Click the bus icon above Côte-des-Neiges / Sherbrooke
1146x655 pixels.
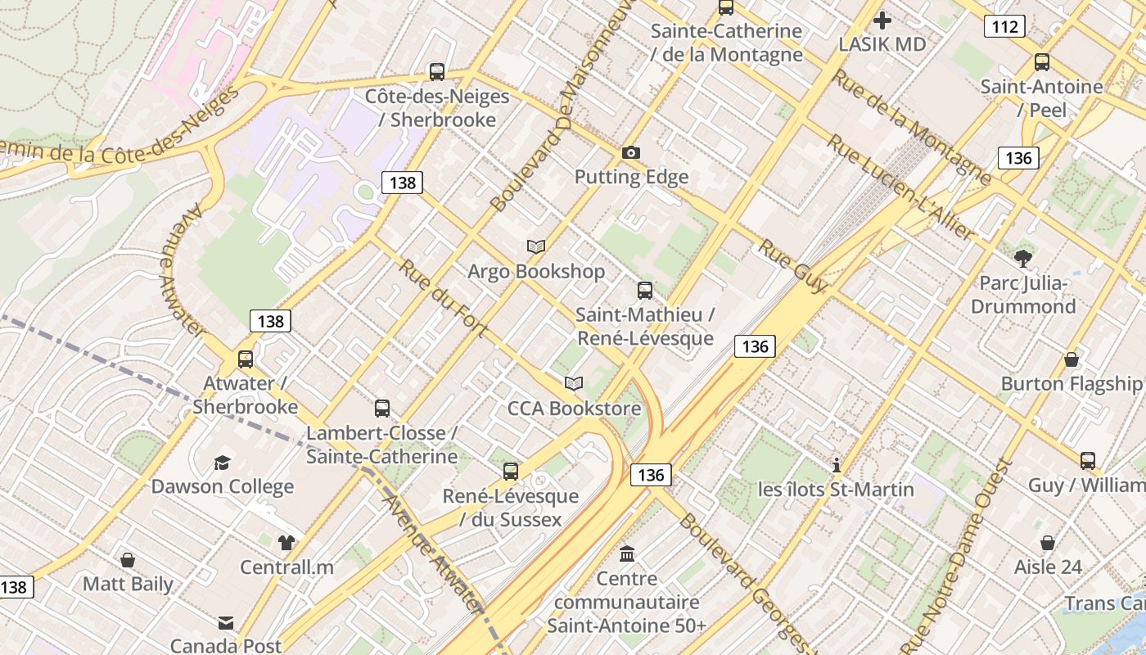tap(437, 72)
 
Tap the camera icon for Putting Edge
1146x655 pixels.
tap(630, 152)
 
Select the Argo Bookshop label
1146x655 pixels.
tap(536, 271)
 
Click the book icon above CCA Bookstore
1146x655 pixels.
tap(574, 383)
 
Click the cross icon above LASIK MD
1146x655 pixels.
tap(882, 20)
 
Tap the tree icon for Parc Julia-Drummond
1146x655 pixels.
tap(1022, 259)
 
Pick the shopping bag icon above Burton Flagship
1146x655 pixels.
tap(1071, 359)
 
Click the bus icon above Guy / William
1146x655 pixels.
tap(1087, 461)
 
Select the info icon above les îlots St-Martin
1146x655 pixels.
tap(836, 465)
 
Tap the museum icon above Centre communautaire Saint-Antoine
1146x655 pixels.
tap(627, 554)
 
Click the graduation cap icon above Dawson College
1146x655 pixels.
tap(222, 463)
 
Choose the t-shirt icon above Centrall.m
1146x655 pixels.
tap(286, 542)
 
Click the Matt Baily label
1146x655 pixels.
tap(128, 584)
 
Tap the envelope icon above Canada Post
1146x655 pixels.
tap(225, 623)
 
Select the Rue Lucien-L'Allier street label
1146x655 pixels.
tap(900, 187)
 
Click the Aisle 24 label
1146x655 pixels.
tap(1048, 567)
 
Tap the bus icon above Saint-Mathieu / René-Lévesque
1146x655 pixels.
tap(645, 290)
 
